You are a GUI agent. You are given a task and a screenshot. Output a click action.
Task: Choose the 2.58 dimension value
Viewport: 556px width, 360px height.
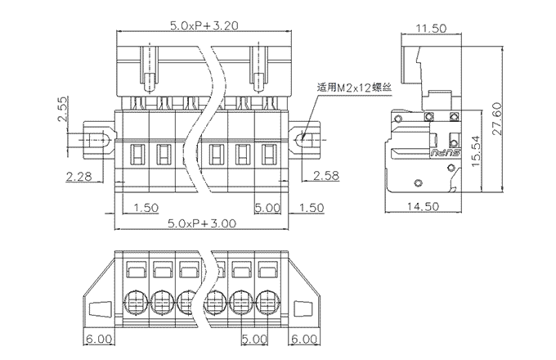tap(326, 175)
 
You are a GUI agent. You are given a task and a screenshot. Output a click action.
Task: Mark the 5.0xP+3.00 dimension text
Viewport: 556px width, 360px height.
tap(202, 222)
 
